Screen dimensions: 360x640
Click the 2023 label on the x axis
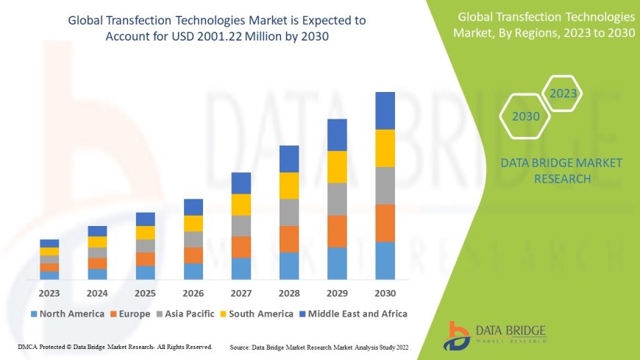[49, 292]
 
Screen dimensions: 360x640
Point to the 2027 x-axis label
[241, 292]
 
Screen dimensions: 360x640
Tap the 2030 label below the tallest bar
[385, 292]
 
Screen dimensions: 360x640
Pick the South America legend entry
[259, 314]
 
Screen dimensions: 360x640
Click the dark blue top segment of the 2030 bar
[385, 110]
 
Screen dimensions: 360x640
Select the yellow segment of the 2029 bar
[337, 166]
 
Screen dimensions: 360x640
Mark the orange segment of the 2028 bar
[289, 239]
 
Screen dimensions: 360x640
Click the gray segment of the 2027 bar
[241, 225]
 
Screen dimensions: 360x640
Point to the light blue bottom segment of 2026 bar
[193, 271]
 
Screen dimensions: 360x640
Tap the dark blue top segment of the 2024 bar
[97, 231]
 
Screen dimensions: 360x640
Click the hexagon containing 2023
[563, 94]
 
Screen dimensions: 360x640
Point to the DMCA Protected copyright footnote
[115, 346]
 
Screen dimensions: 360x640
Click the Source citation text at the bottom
[320, 346]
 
